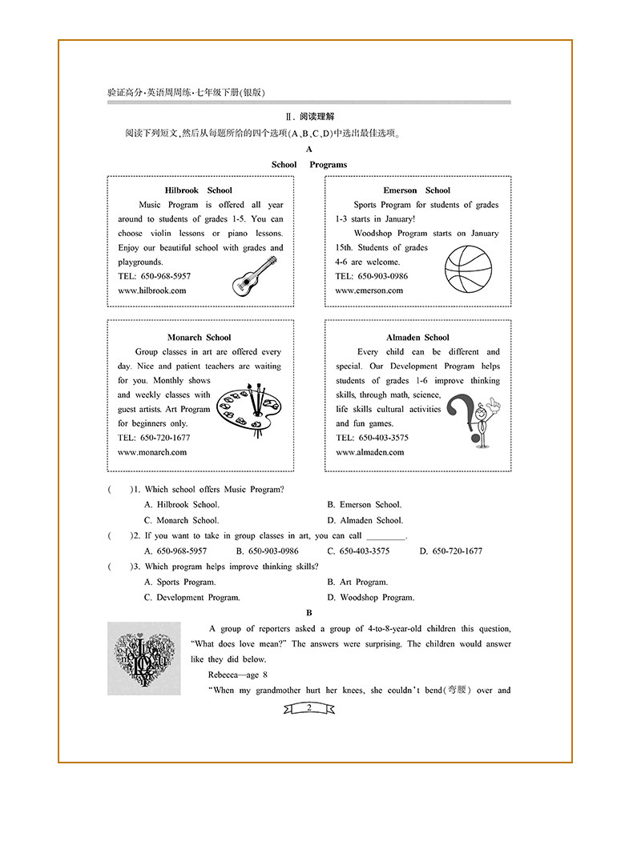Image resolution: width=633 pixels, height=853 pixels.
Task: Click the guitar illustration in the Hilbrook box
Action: click(249, 276)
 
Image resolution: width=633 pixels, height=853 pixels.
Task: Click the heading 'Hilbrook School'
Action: click(198, 190)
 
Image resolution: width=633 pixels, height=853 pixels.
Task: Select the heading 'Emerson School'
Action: click(417, 190)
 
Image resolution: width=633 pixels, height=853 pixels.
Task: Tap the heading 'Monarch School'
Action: click(199, 338)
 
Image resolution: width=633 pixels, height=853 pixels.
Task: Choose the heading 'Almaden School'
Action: click(417, 338)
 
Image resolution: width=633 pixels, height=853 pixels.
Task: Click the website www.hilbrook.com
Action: click(151, 290)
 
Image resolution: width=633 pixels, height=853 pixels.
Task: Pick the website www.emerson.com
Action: click(369, 290)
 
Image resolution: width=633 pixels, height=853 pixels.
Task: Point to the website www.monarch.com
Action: click(152, 452)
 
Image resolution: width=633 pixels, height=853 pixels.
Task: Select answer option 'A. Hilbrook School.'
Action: click(182, 505)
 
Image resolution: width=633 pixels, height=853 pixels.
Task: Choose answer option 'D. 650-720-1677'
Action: click(451, 551)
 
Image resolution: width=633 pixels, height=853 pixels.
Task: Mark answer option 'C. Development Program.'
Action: click(192, 598)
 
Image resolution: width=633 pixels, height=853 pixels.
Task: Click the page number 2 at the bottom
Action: click(308, 708)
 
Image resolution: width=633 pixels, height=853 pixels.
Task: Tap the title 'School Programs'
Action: click(309, 165)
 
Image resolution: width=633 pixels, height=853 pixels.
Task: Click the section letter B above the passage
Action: click(308, 613)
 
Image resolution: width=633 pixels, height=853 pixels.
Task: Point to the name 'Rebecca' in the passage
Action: click(224, 675)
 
